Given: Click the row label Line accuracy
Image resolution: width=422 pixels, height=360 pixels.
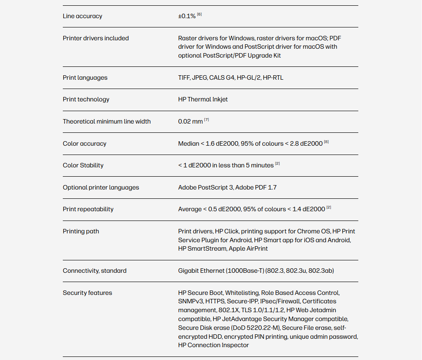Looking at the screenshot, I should [x=82, y=16].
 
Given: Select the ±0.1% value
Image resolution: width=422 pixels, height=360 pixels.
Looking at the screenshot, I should [x=187, y=16].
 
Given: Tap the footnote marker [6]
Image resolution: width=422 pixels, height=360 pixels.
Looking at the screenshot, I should [x=199, y=15].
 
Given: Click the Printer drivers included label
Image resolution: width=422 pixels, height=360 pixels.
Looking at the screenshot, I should [x=96, y=39].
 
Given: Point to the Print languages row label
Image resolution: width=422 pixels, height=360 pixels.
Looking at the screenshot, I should [x=85, y=78].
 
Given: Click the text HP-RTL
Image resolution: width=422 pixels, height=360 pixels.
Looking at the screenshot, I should [x=273, y=78].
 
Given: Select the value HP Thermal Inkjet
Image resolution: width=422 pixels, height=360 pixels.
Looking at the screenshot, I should [x=203, y=100].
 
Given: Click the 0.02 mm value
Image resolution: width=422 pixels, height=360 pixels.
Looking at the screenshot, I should [x=190, y=122].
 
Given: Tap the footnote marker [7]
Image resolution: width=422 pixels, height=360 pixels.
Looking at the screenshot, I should [x=207, y=120].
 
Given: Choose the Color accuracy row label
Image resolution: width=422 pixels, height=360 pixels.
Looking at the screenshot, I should [x=84, y=144].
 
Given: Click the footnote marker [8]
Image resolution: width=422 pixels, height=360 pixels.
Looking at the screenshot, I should [x=326, y=142].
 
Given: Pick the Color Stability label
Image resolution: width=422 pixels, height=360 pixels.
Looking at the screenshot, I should [x=83, y=166].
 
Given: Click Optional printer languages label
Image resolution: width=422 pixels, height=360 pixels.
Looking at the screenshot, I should [x=101, y=188].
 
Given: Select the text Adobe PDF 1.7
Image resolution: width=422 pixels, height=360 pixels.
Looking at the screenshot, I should [x=256, y=188].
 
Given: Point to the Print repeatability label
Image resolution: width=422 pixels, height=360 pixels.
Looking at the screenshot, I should [x=88, y=209].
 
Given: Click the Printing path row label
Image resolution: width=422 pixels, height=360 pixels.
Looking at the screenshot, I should [x=81, y=232].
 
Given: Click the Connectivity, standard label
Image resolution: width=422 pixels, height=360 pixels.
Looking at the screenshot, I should [x=95, y=271].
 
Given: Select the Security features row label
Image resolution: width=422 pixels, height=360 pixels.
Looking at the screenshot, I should [x=88, y=293].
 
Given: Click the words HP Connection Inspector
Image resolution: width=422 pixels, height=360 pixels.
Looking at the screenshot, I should [x=214, y=345].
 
